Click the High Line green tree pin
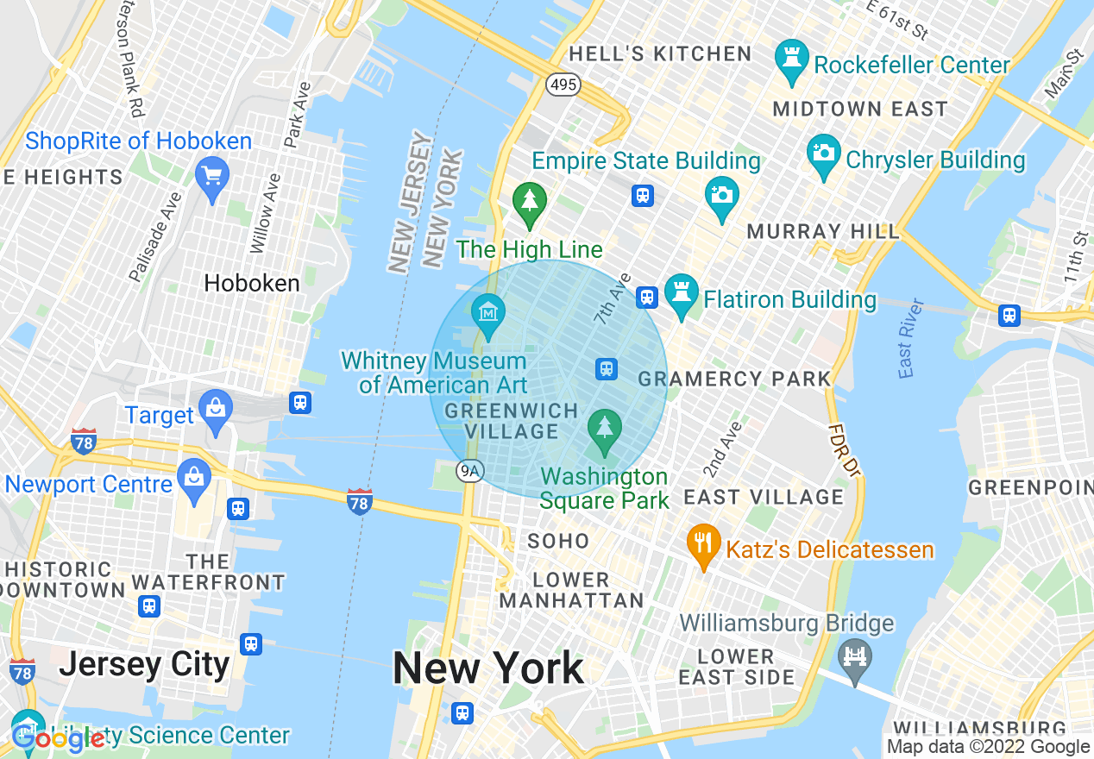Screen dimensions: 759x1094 point(529,201)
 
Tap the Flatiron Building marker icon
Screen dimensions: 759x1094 point(682,295)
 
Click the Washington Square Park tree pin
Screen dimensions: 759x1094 point(604,429)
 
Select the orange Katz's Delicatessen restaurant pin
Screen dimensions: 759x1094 point(704,544)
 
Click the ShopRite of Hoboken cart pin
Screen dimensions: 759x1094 point(211,176)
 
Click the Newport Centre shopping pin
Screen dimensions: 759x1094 point(194,479)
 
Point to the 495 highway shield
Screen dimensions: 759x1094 point(563,85)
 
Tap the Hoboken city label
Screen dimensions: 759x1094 point(252,283)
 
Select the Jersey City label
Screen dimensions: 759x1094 point(144,665)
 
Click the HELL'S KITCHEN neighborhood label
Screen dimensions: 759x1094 point(661,53)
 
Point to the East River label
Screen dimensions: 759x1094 point(910,338)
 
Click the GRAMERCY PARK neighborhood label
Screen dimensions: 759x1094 point(734,379)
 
